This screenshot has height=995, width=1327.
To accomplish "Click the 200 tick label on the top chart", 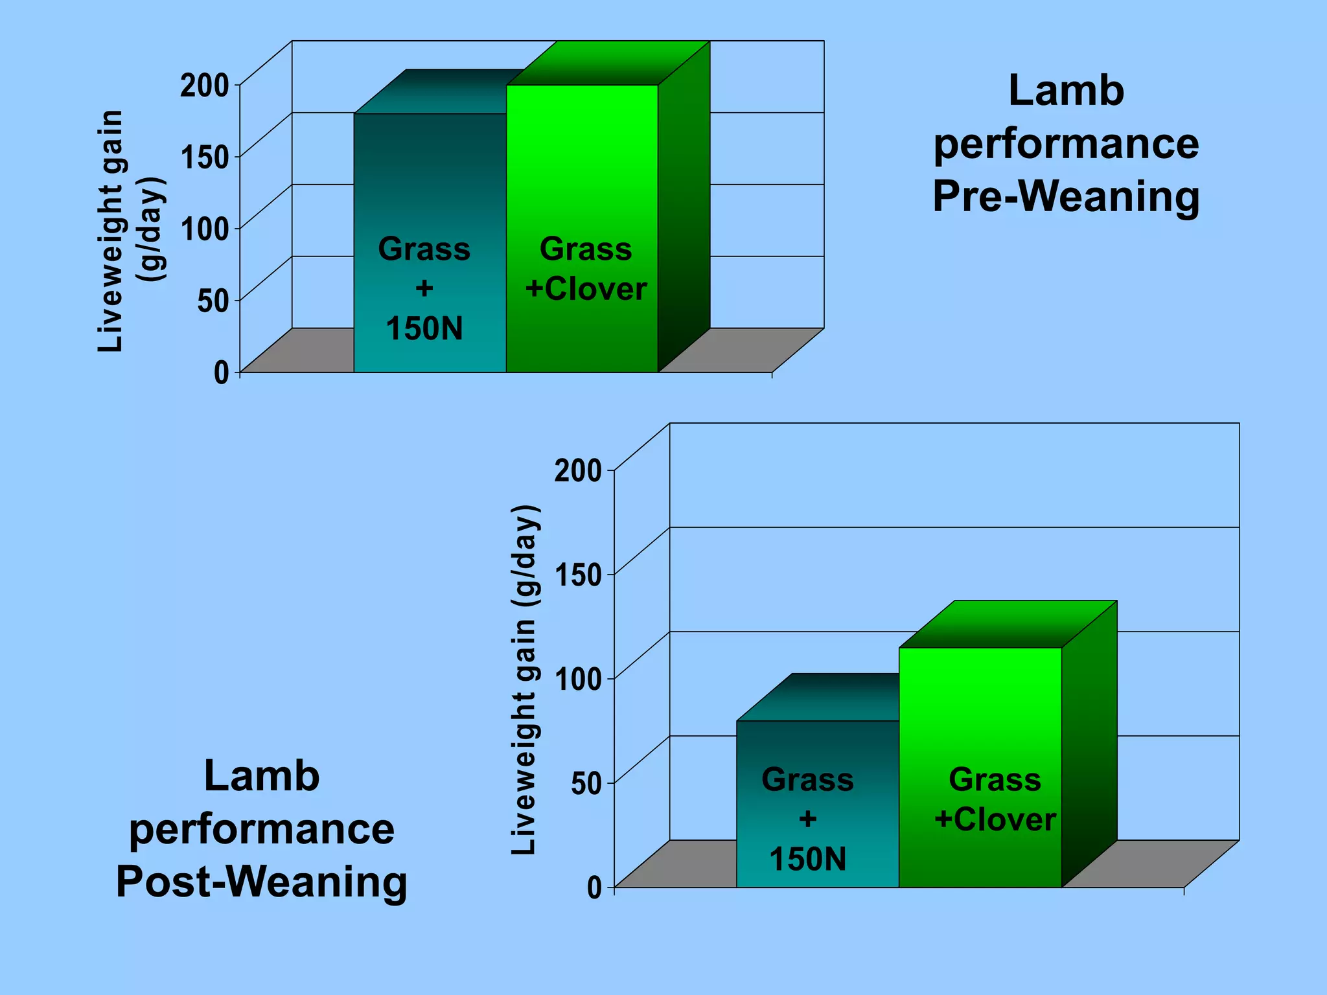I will tap(204, 86).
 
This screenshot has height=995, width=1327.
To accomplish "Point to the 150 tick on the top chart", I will tap(204, 157).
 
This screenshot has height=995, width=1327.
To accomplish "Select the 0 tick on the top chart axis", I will tap(222, 372).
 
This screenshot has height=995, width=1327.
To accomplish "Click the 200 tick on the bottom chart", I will tap(578, 470).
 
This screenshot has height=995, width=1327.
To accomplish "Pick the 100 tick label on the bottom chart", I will tap(578, 680).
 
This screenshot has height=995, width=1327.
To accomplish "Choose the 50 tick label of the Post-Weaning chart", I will tap(586, 784).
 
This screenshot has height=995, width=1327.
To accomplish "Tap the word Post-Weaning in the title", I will tap(262, 882).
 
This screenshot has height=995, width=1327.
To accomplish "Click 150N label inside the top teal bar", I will tap(424, 328).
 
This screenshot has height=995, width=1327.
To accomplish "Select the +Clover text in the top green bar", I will tap(586, 288).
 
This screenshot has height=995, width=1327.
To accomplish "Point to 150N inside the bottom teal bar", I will tap(807, 859).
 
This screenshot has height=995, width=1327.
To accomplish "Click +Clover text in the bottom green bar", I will tap(995, 819).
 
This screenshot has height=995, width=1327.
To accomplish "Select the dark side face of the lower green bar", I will tap(1089, 745).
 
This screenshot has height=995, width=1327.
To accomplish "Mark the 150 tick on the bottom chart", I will tap(578, 575).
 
